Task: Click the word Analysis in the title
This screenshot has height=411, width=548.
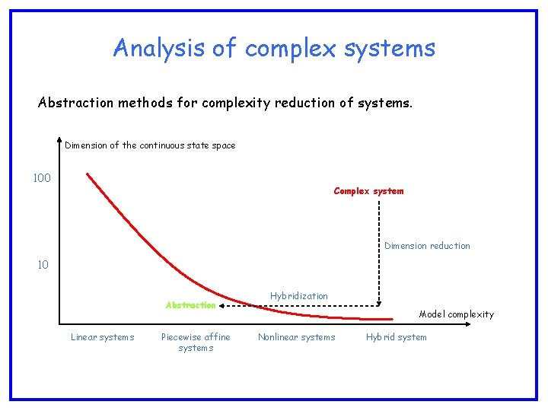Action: (x=159, y=48)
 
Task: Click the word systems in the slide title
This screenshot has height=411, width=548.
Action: (x=389, y=48)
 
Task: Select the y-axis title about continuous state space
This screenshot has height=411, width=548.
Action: (x=150, y=145)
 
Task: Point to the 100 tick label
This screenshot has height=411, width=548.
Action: (x=42, y=178)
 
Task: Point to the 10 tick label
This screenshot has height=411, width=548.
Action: (x=43, y=265)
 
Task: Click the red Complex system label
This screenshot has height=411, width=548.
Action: (x=368, y=191)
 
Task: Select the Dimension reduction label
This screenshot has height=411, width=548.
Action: (x=427, y=246)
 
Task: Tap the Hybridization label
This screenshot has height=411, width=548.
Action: (x=299, y=296)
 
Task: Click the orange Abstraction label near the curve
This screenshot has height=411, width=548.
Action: (x=190, y=305)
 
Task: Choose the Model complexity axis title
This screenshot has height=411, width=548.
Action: (x=456, y=314)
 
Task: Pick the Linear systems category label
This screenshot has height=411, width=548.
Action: (x=102, y=337)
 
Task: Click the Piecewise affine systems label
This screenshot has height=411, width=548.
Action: (x=196, y=342)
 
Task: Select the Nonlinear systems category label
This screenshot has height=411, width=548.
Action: (x=296, y=337)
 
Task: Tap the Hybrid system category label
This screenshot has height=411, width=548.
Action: (x=396, y=337)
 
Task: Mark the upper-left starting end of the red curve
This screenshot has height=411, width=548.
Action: (x=88, y=174)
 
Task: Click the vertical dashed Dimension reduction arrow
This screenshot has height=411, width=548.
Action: (x=379, y=259)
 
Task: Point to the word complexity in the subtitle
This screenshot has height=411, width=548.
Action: (x=240, y=103)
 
